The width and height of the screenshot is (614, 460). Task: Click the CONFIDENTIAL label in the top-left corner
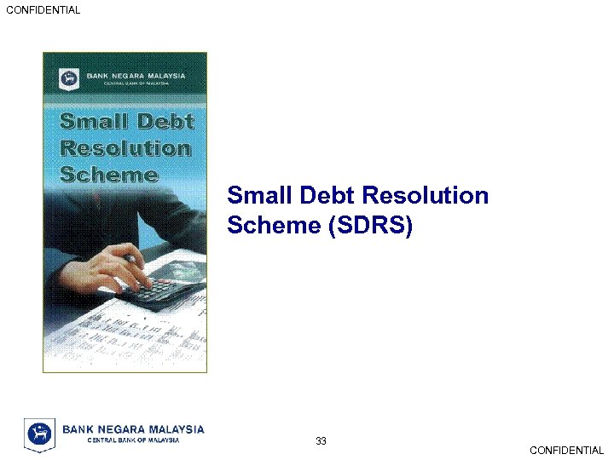pos(43,10)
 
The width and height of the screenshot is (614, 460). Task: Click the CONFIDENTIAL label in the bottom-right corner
pos(566,451)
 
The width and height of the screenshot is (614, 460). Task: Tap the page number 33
pos(321,440)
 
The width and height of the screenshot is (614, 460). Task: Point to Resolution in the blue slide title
pos(426,196)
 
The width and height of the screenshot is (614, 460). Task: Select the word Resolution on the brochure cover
pos(125,148)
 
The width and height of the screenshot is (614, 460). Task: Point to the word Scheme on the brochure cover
pos(109,175)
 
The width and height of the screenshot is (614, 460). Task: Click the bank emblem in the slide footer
pos(38,434)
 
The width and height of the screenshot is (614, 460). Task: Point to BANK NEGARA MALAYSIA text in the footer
pos(134,428)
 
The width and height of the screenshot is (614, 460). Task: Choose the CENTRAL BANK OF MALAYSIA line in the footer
pos(134,440)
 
